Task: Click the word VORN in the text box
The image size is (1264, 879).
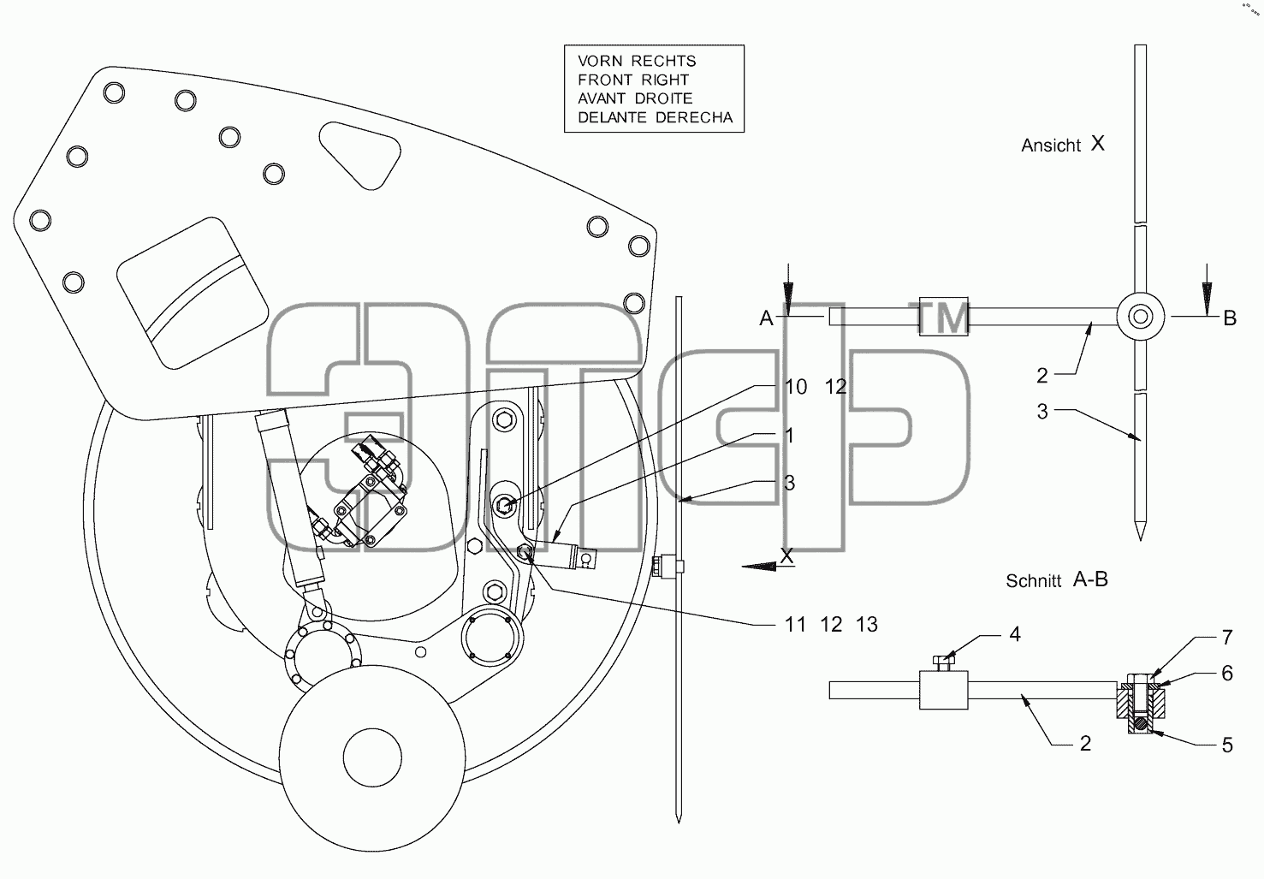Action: pos(601,61)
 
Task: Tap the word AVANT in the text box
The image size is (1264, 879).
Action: pos(602,98)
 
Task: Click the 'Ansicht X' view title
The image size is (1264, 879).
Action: pos(1063,145)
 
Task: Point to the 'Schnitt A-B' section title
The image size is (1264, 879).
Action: pos(1057,580)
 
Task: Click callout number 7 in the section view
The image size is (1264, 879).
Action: pos(1227,638)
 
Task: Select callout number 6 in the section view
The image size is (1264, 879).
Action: pos(1227,673)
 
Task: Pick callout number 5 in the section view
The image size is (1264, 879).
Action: pos(1227,745)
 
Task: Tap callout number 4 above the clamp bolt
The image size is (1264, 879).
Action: pos(1015,635)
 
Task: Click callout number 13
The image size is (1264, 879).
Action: pos(867,625)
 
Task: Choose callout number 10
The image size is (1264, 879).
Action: pos(796,387)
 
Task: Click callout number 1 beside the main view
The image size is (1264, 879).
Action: pos(789,436)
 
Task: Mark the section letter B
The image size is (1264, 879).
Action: pos(1230,318)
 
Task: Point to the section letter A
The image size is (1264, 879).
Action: pos(766,318)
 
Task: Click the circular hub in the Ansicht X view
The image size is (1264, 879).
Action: pos(1141,317)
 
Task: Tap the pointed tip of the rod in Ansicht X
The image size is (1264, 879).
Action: pos(1141,540)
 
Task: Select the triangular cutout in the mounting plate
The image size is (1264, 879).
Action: pos(360,155)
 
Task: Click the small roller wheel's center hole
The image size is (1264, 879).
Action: pos(372,757)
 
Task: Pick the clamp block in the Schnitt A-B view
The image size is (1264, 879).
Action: pos(943,690)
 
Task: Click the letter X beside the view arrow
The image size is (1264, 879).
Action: pos(786,556)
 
